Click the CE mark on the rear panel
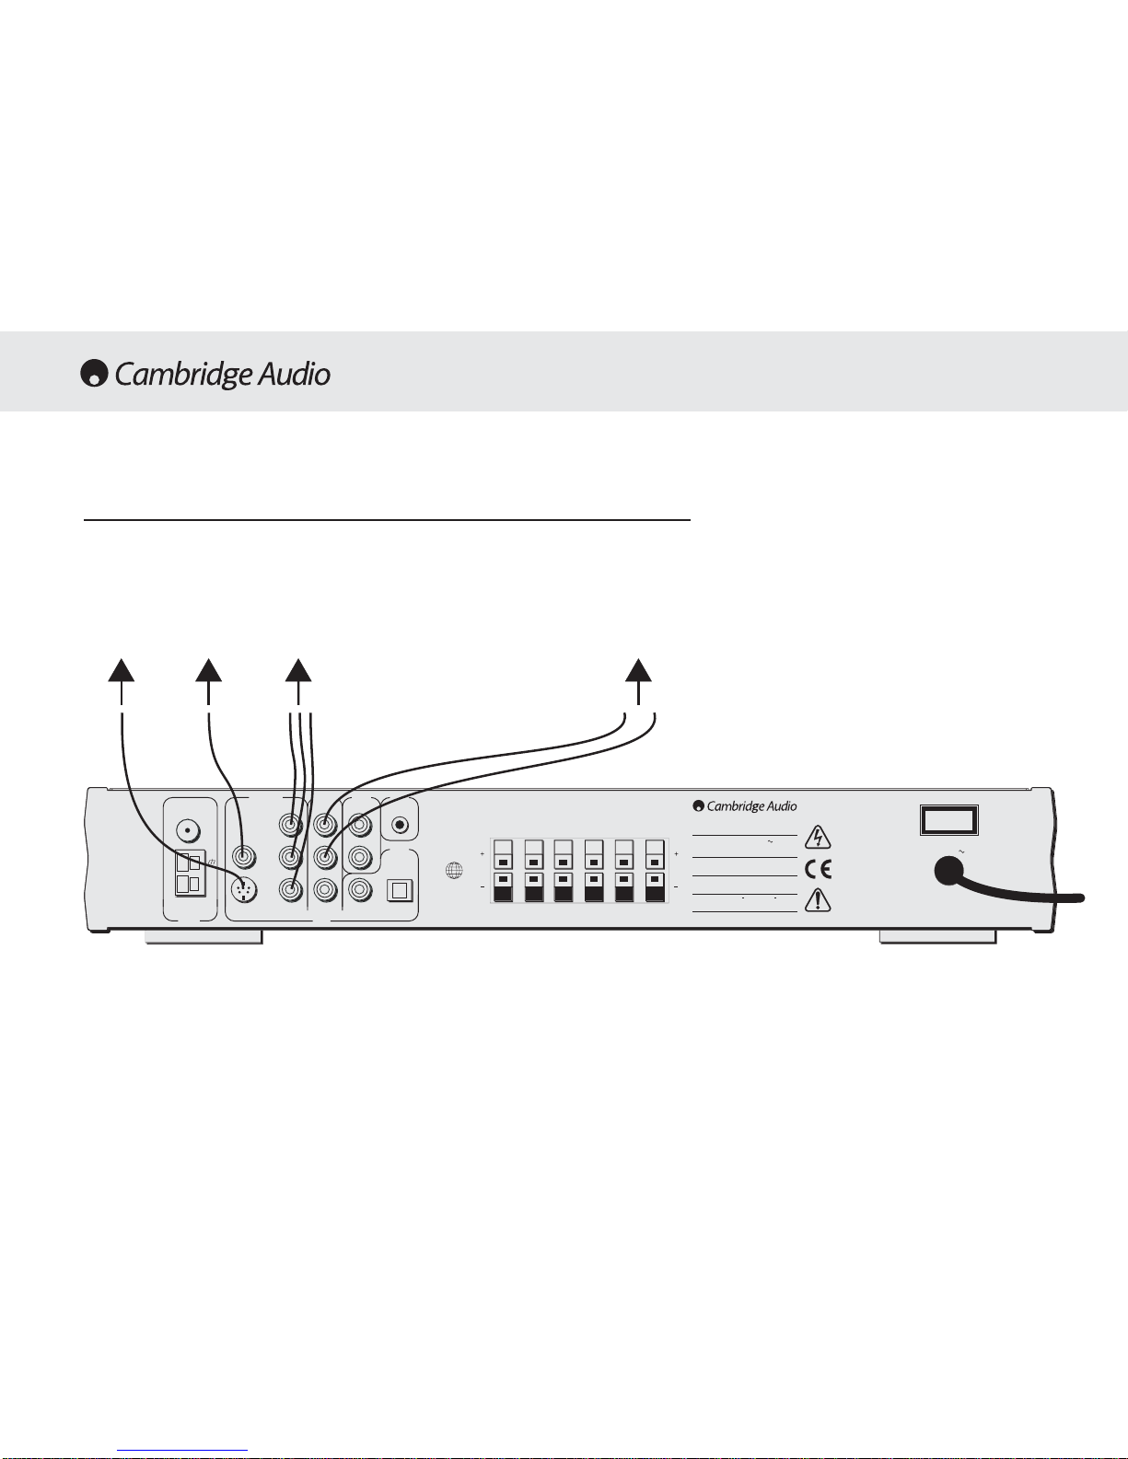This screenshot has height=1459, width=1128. pyautogui.click(x=818, y=870)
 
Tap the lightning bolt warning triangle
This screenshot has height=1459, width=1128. pyautogui.click(x=818, y=838)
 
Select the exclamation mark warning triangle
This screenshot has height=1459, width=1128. pyautogui.click(x=818, y=899)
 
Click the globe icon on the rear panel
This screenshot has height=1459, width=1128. pyautogui.click(x=455, y=871)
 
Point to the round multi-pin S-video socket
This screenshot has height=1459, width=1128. pyautogui.click(x=244, y=890)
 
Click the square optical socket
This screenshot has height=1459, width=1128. pyautogui.click(x=400, y=890)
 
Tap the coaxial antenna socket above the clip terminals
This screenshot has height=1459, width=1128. pyautogui.click(x=188, y=831)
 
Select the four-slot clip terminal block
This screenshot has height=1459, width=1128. pyautogui.click(x=190, y=874)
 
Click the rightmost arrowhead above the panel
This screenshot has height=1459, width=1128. pyautogui.click(x=638, y=670)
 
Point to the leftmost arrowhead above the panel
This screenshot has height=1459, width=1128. pyautogui.click(x=122, y=670)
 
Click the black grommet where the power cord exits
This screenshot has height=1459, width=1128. pyautogui.click(x=948, y=872)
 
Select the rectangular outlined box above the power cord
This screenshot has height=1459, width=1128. pyautogui.click(x=948, y=820)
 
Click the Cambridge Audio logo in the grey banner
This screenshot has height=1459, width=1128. pyautogui.click(x=205, y=374)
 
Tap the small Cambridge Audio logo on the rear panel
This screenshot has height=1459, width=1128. pyautogui.click(x=745, y=805)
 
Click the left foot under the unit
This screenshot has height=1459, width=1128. pyautogui.click(x=204, y=937)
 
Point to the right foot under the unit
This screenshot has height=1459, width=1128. pyautogui.click(x=938, y=937)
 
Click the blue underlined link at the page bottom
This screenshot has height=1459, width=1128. pyautogui.click(x=182, y=1451)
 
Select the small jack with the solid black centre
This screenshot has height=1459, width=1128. pyautogui.click(x=401, y=824)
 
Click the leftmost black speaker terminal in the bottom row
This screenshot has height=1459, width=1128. pyautogui.click(x=503, y=887)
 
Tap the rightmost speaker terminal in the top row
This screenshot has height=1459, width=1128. pyautogui.click(x=655, y=854)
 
